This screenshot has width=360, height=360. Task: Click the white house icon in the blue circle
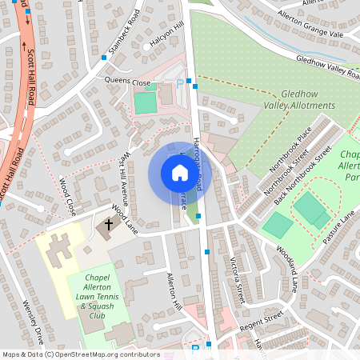click(x=180, y=173)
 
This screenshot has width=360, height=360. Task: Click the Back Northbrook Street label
click(x=302, y=177)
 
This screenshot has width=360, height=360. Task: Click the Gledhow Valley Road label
click(x=328, y=67)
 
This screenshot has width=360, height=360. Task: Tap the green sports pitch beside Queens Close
click(x=145, y=102)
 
